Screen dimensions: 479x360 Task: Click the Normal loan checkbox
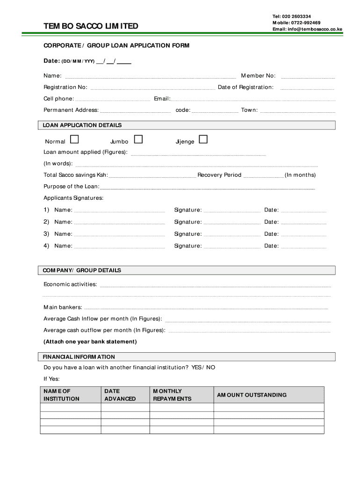pyautogui.click(x=74, y=139)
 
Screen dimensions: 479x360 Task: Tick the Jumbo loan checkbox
pyautogui.click(x=138, y=139)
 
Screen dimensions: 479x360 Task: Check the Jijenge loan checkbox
pyautogui.click(x=203, y=139)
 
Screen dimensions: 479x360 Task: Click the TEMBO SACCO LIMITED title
pyautogui.click(x=91, y=26)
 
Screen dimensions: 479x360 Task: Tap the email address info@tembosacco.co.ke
pyautogui.click(x=308, y=29)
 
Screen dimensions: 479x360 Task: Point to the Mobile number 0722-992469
pyautogui.click(x=296, y=22)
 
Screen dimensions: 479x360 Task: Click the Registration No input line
pyautogui.click(x=152, y=88)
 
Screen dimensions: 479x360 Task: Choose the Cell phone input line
pyautogui.click(x=113, y=100)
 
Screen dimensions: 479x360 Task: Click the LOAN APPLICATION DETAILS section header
pyautogui.click(x=82, y=125)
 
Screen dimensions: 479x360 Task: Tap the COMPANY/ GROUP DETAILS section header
pyautogui.click(x=82, y=270)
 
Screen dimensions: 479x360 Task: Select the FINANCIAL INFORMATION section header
pyautogui.click(x=79, y=357)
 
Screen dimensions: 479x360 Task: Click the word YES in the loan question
pyautogui.click(x=196, y=368)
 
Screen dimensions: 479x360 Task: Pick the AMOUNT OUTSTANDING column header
pyautogui.click(x=252, y=395)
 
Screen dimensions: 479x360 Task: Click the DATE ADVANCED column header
pyautogui.click(x=120, y=395)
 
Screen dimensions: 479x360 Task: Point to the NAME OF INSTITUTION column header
pyautogui.click(x=61, y=395)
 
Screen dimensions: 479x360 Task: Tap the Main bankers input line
pyautogui.click(x=206, y=308)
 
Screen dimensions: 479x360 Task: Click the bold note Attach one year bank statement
pyautogui.click(x=90, y=341)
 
